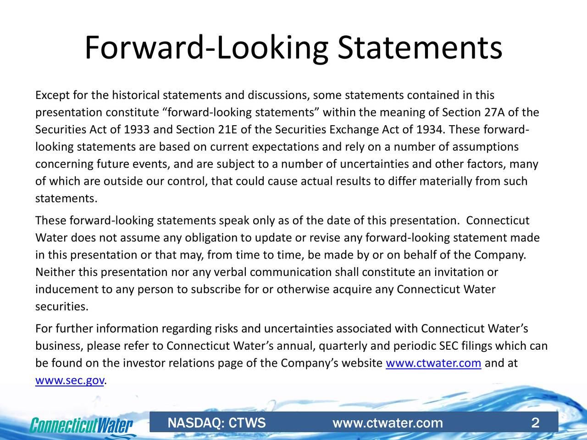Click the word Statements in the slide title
[x=420, y=48]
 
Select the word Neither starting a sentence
[x=55, y=273]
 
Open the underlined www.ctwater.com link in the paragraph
[x=433, y=364]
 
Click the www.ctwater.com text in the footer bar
[x=388, y=423]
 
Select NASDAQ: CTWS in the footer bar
[x=216, y=423]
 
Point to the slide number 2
[x=535, y=423]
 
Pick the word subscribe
[x=217, y=290]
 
